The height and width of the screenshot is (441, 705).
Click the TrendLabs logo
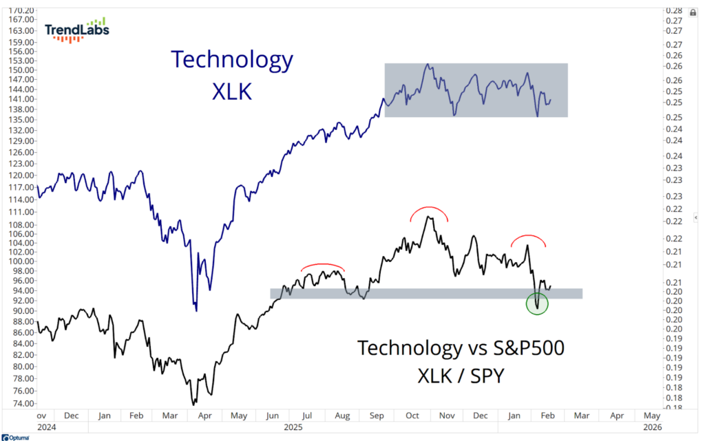tap(76, 30)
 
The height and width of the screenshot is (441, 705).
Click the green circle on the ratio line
tap(537, 303)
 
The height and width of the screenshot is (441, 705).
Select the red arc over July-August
tap(322, 266)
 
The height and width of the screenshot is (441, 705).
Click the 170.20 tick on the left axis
tap(20, 11)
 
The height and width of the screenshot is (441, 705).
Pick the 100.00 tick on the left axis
tap(20, 261)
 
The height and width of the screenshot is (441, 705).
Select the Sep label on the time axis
tap(377, 416)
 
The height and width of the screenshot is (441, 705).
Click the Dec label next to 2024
tap(71, 416)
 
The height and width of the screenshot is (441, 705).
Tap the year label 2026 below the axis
tap(651, 427)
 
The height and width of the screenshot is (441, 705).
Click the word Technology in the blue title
tap(232, 60)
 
